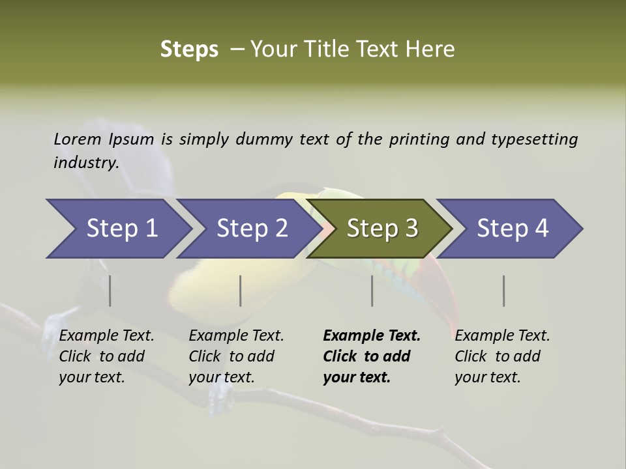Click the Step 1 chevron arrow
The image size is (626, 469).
click(x=121, y=229)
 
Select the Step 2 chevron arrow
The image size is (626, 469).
click(x=251, y=229)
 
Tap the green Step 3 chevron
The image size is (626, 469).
click(x=381, y=229)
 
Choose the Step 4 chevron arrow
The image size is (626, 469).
click(x=512, y=229)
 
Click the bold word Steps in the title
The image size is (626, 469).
click(x=189, y=49)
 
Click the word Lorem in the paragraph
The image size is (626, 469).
click(x=78, y=139)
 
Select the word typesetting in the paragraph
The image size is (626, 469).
click(x=534, y=139)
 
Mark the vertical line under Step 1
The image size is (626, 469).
click(x=110, y=291)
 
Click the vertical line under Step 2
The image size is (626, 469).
click(x=241, y=291)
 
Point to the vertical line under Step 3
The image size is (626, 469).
click(x=372, y=291)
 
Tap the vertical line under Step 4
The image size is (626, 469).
click(x=504, y=291)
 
